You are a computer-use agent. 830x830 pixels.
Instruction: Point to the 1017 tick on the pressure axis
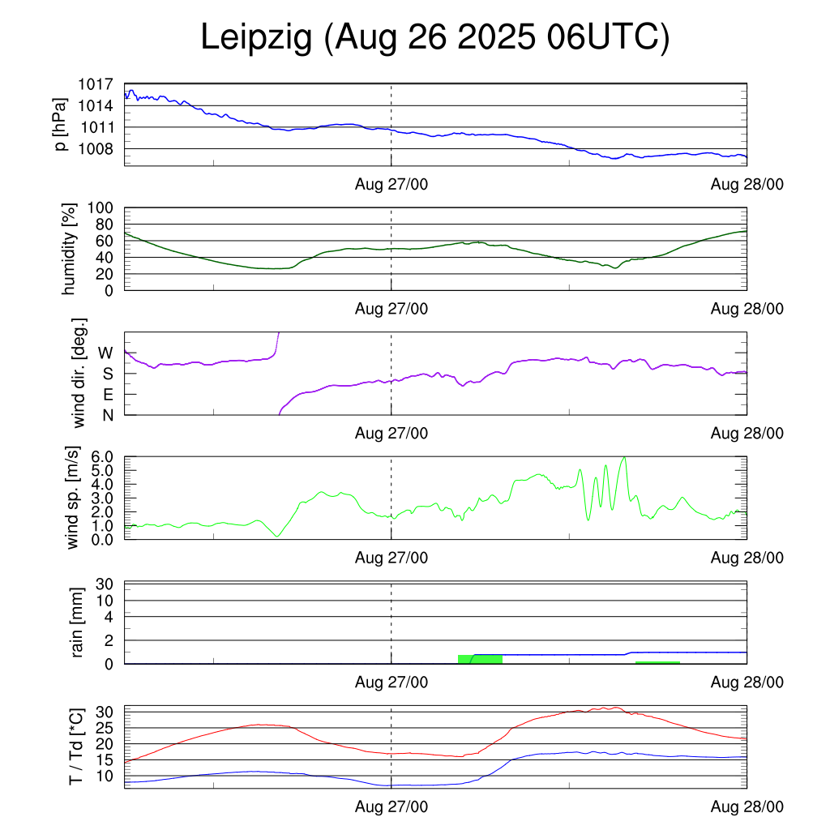96,83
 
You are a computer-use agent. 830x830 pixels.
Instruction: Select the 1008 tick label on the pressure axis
96,149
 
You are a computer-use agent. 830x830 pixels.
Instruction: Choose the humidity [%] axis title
69,249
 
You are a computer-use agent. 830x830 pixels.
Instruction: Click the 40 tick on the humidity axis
105,257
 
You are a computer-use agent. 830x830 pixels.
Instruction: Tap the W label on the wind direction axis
105,353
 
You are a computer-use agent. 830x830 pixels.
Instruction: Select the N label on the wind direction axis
107,415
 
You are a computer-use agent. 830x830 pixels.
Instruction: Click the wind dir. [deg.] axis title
79,373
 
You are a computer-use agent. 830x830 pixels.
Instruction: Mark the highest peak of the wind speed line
623,458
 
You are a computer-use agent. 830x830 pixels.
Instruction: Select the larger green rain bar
480,659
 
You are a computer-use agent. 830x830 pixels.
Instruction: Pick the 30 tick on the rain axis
105,584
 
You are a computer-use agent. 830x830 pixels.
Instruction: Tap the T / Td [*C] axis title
75,747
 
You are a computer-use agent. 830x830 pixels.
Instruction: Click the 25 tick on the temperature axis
105,727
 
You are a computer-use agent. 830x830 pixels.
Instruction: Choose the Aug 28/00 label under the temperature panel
747,806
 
